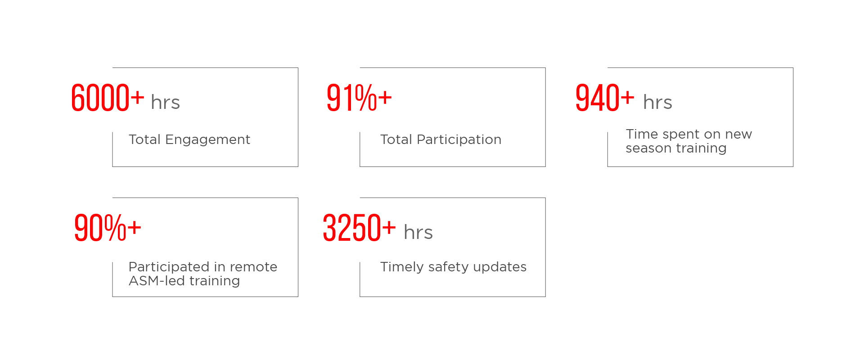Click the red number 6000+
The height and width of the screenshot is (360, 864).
coord(107,98)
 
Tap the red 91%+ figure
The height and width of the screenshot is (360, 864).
coord(359,98)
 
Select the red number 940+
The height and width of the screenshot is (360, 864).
coord(604,98)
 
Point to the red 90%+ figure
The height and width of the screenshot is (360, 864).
coord(107,228)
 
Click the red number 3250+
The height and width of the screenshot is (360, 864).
coord(359,228)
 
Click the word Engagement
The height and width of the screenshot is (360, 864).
coord(207,140)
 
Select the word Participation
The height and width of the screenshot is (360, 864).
coord(459,139)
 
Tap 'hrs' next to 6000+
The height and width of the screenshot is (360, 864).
coord(165,103)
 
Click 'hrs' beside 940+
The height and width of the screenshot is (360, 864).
coord(657,103)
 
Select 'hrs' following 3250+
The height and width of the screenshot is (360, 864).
coord(418,233)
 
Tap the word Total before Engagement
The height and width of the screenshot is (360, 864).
coord(144,139)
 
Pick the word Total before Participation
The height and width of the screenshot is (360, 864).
coord(396,139)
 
